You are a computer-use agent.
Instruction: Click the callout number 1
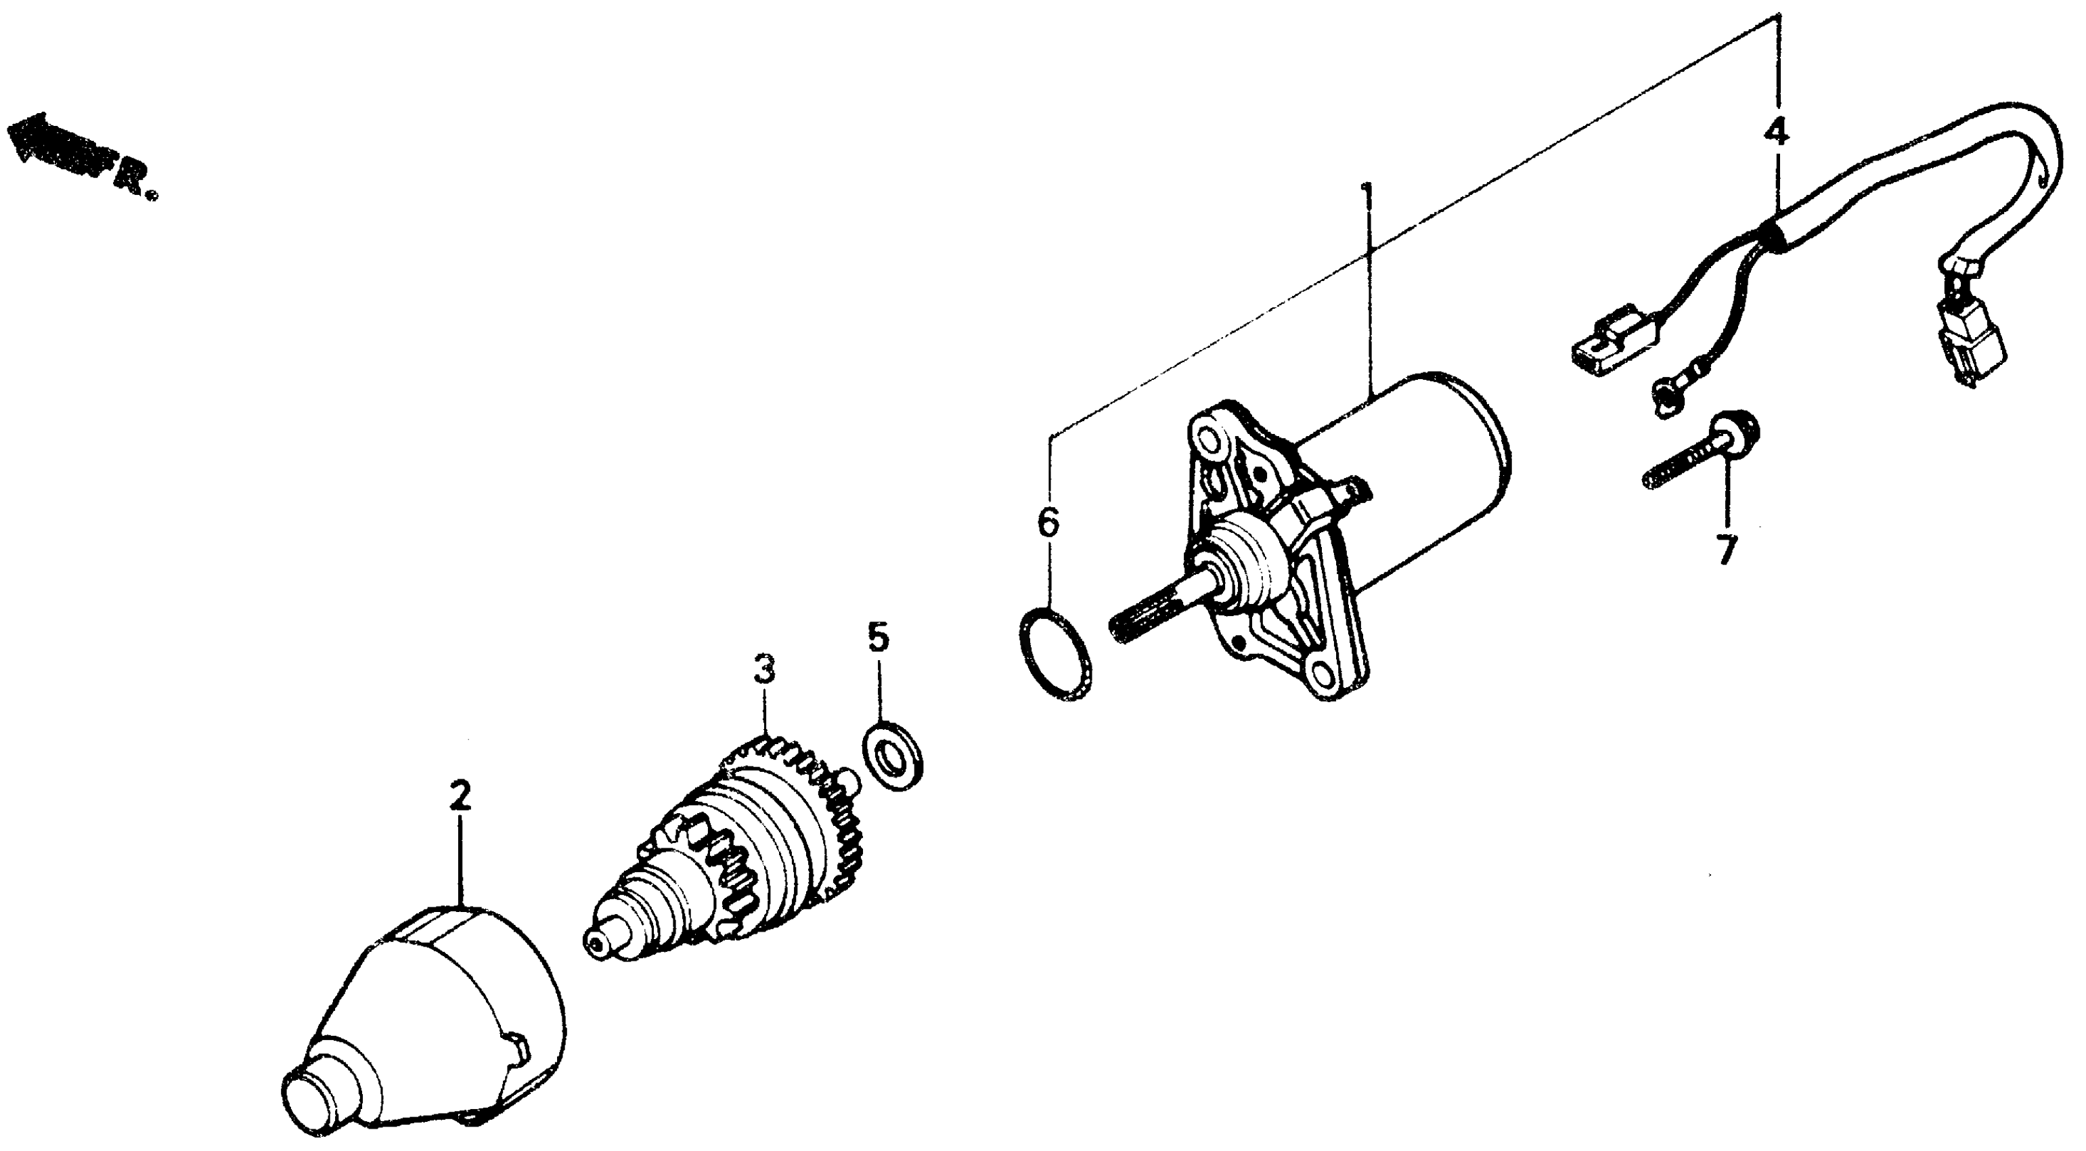pyautogui.click(x=1368, y=197)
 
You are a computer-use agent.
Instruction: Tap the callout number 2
pyautogui.click(x=460, y=799)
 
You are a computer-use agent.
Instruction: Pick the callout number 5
pyautogui.click(x=878, y=639)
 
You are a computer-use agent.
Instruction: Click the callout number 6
pyautogui.click(x=1048, y=524)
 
